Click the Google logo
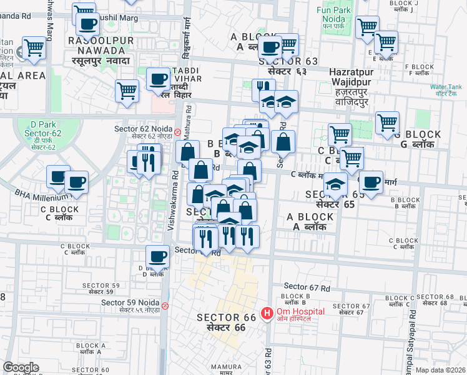point(21,368)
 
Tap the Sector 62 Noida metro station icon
point(178,132)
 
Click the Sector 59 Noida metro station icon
point(165,306)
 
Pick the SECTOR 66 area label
point(227,322)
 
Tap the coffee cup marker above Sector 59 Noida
point(157,256)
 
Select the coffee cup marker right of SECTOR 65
point(371,182)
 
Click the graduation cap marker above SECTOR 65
point(335,185)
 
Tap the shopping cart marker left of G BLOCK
point(387,123)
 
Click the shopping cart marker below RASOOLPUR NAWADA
point(127,91)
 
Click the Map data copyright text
point(440,370)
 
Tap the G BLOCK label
point(421,139)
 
